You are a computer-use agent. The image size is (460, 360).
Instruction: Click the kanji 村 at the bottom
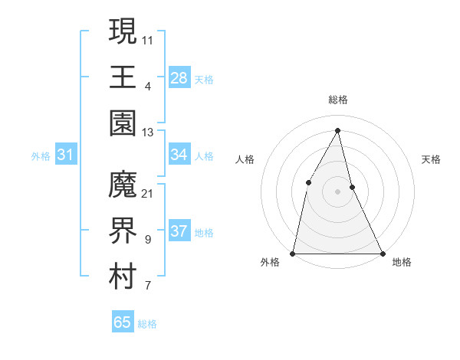tap(123, 277)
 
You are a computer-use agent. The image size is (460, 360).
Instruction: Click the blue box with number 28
tap(179, 78)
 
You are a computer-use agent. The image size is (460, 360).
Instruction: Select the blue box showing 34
tap(179, 155)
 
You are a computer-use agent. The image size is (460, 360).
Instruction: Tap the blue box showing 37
tap(179, 231)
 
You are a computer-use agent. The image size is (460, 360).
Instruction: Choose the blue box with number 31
tap(66, 155)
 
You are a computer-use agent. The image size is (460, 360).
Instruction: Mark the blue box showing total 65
tap(123, 322)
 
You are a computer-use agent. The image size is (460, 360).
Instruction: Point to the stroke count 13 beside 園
tap(147, 133)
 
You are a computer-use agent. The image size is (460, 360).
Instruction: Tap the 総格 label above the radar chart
tap(337, 100)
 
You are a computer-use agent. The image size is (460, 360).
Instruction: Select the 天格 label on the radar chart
tap(431, 159)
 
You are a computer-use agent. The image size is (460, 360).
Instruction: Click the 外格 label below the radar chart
tap(270, 262)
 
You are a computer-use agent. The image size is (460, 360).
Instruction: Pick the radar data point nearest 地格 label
tap(382, 253)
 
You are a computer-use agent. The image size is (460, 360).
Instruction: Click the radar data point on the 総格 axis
tap(337, 129)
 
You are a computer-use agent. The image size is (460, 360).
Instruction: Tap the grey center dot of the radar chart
tap(337, 191)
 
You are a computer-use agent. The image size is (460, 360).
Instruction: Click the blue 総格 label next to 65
tap(147, 324)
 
